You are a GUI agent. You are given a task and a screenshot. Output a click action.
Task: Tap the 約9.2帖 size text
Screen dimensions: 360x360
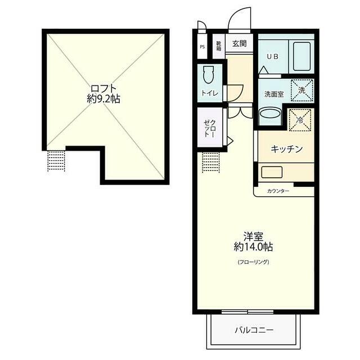click(x=103, y=99)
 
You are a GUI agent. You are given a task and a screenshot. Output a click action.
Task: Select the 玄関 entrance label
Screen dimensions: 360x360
click(x=240, y=43)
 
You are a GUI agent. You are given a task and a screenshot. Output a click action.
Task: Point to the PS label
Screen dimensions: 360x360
click(x=202, y=47)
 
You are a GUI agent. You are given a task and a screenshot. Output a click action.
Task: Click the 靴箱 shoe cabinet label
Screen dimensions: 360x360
click(x=219, y=46)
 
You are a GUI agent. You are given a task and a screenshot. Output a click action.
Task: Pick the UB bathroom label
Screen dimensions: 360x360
click(x=272, y=56)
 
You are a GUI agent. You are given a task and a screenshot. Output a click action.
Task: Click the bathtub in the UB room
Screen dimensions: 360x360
click(x=301, y=56)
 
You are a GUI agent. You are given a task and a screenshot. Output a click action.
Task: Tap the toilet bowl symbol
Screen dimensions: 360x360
click(x=209, y=75)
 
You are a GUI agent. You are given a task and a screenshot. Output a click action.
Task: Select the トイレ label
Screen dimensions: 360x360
click(x=210, y=93)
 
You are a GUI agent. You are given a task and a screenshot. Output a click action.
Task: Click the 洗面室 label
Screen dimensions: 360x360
click(x=274, y=94)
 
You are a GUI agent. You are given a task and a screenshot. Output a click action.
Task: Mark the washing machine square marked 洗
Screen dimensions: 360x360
click(x=302, y=90)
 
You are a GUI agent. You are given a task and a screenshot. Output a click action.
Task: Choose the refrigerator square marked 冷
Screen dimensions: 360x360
click(x=300, y=120)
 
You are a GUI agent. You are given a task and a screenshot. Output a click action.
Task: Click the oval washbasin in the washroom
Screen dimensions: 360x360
click(x=270, y=114)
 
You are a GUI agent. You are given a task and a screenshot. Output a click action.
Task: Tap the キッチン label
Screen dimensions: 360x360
click(x=286, y=149)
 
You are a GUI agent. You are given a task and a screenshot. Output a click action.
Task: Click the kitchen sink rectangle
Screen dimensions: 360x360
click(x=272, y=172)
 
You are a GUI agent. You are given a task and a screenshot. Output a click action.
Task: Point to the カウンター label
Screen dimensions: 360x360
click(x=278, y=191)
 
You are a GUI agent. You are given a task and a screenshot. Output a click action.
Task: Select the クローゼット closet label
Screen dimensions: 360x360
click(x=210, y=128)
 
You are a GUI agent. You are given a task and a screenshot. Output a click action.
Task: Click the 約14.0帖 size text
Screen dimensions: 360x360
click(x=253, y=247)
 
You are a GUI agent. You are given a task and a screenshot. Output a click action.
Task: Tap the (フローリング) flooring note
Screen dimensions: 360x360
click(x=253, y=262)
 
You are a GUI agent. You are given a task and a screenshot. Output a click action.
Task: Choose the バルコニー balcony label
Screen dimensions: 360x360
click(x=254, y=330)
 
